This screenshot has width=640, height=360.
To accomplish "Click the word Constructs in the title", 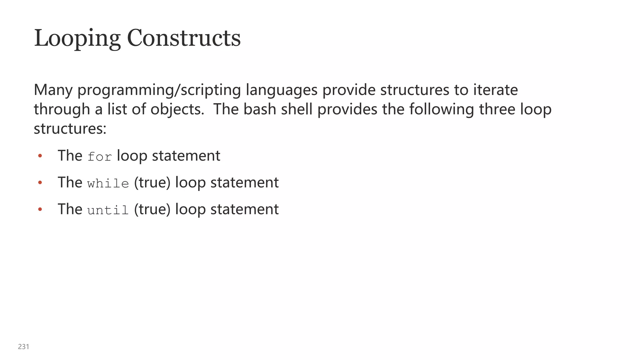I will (x=184, y=38).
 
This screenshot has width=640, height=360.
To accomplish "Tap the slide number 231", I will (x=24, y=347).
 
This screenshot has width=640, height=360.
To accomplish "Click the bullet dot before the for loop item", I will (x=40, y=156).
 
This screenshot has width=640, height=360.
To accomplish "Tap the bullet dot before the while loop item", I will (x=40, y=182).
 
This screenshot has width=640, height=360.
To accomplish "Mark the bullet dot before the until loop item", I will (x=40, y=209).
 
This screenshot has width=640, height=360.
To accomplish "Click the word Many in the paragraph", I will (x=53, y=90).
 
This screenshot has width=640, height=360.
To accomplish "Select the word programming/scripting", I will (x=159, y=90).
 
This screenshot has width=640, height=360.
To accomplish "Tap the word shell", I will (x=297, y=109).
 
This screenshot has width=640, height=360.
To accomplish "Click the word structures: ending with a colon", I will (x=70, y=129).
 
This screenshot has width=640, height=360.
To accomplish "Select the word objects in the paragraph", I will (x=177, y=109).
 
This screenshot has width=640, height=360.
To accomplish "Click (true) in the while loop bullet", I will (x=152, y=182).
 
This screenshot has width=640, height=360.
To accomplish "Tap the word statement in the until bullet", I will (x=244, y=209).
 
